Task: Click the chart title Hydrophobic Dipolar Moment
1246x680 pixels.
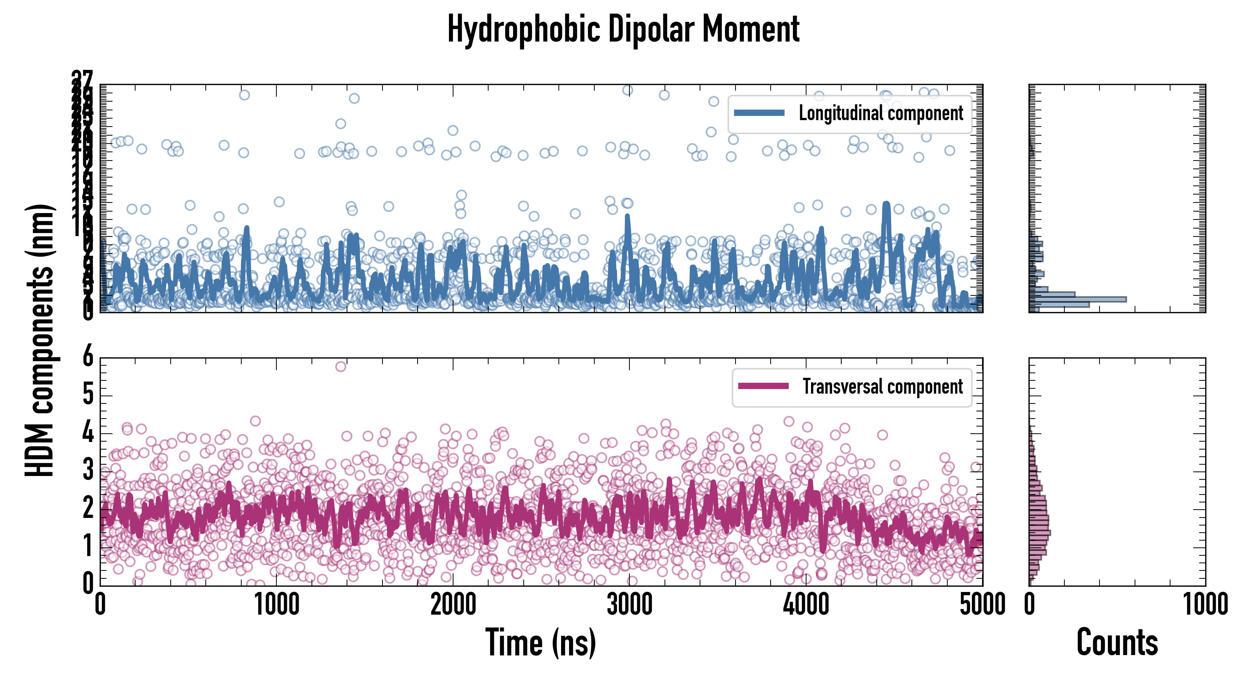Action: click(623, 29)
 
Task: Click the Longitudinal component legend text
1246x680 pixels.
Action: click(881, 113)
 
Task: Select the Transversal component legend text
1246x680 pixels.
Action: click(883, 387)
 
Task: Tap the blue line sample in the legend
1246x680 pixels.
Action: click(759, 113)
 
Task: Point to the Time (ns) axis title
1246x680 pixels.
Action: click(540, 643)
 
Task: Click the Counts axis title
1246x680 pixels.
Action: click(1117, 643)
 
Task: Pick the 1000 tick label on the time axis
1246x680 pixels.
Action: click(277, 605)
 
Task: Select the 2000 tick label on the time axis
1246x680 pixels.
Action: click(453, 605)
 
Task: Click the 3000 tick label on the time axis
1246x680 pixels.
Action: click(629, 605)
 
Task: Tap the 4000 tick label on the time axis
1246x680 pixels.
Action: click(806, 605)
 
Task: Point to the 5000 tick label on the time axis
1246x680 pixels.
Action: click(982, 605)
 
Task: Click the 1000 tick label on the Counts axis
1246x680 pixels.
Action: click(1205, 605)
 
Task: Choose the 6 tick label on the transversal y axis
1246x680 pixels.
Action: click(88, 358)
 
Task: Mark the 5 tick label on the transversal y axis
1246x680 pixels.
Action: click(88, 395)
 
